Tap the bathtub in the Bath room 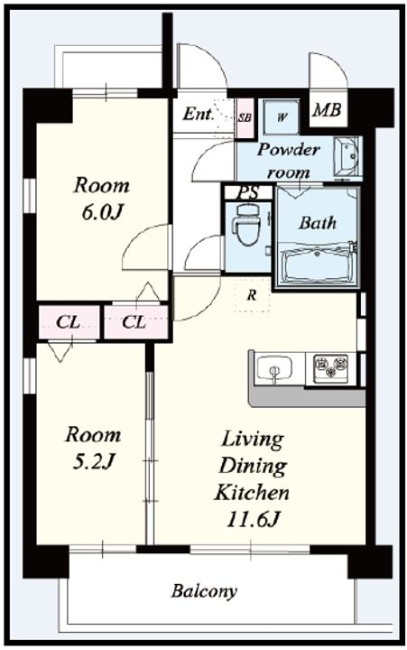point(316,264)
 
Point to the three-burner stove point(330,366)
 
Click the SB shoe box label point(245,117)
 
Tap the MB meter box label point(327,110)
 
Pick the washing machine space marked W point(282,116)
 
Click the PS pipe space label point(248,192)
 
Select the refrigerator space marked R point(252,295)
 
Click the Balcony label point(204,591)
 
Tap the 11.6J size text point(254,519)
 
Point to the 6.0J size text point(102,212)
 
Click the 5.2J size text point(93,461)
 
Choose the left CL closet point(69,322)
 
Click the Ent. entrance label point(199,114)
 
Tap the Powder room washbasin point(347,156)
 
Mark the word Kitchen point(252,493)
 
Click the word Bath point(318,223)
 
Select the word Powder point(289,149)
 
